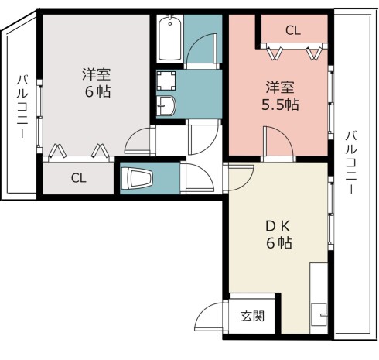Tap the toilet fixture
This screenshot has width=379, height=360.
click(x=138, y=178)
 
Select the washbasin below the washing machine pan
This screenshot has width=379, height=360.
click(x=166, y=106)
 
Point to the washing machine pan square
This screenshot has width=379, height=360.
click(x=166, y=81)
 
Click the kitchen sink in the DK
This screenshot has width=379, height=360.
click(x=319, y=314)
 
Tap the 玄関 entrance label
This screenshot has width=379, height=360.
click(x=253, y=316)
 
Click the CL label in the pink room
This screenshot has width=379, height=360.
click(x=293, y=30)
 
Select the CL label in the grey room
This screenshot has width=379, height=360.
click(x=78, y=178)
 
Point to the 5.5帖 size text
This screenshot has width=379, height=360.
click(x=280, y=105)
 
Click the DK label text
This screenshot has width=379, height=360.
click(x=278, y=226)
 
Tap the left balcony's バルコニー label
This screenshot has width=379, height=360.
click(x=22, y=106)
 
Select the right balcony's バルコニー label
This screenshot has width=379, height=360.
click(x=351, y=163)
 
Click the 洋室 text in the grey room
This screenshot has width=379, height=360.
click(x=97, y=74)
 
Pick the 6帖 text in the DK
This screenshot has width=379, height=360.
click(x=279, y=243)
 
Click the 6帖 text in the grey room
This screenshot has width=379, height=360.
click(x=98, y=91)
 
